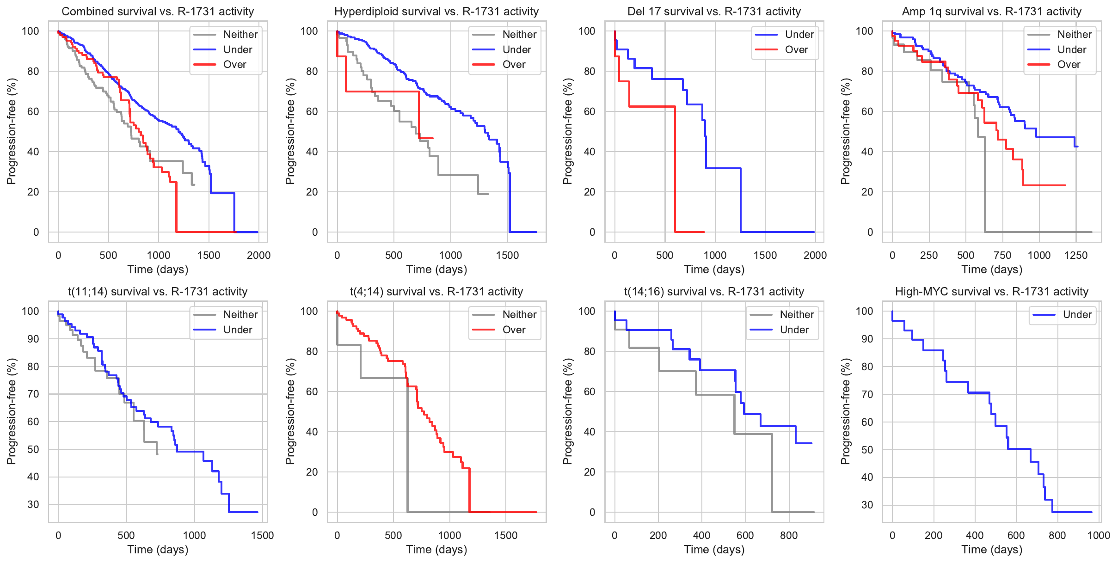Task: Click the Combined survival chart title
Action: click(158, 12)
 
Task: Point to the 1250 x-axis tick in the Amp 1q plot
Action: click(1076, 255)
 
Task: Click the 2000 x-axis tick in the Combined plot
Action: click(258, 255)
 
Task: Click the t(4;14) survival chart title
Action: click(436, 292)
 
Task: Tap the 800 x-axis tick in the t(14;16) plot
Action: click(789, 535)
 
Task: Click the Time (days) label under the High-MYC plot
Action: click(992, 550)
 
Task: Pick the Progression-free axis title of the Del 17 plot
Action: click(568, 131)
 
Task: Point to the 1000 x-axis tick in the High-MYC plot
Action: click(1099, 535)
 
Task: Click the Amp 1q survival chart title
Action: click(992, 12)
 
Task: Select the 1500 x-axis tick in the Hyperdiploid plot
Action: click(507, 255)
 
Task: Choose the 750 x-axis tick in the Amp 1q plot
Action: click(1002, 255)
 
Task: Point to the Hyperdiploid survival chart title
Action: click(436, 12)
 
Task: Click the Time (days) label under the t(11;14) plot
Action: click(158, 550)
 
